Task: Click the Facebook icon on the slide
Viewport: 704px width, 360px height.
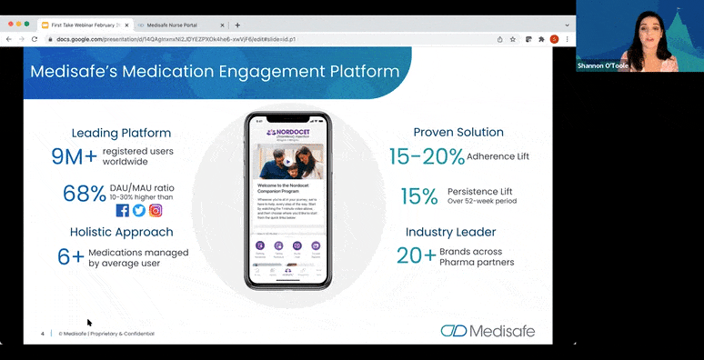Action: (x=123, y=210)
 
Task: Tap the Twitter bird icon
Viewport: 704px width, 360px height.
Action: (x=139, y=210)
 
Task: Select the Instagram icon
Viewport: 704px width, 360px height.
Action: (x=156, y=210)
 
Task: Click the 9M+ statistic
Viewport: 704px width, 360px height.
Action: (x=74, y=155)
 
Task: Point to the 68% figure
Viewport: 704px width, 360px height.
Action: (x=83, y=194)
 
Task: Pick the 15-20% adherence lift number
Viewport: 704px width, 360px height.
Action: (x=427, y=156)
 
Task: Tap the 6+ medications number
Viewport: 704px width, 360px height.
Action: (x=70, y=257)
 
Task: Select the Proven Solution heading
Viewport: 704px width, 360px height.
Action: (x=458, y=132)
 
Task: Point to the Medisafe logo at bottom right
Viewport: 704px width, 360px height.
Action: (x=488, y=330)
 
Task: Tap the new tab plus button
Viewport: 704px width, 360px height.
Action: (x=237, y=25)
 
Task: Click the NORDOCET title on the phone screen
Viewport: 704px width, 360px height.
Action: (x=288, y=134)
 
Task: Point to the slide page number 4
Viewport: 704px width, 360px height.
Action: (x=42, y=334)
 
